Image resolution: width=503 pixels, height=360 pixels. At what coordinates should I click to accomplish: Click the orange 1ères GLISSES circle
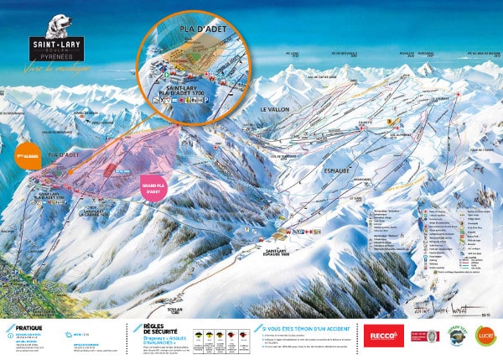(29, 156)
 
